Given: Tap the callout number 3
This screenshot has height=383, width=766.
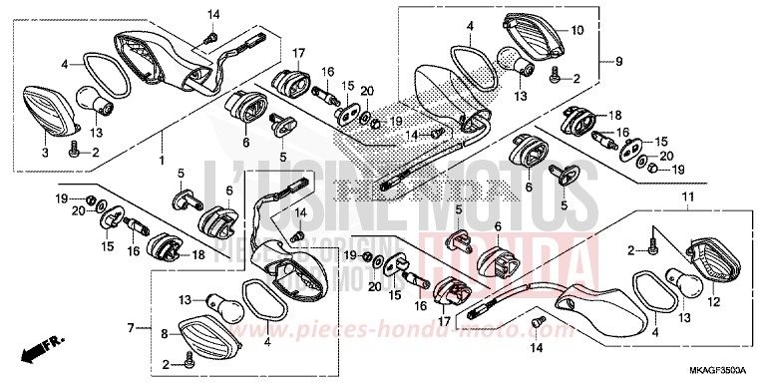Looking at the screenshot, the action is point(44,154).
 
